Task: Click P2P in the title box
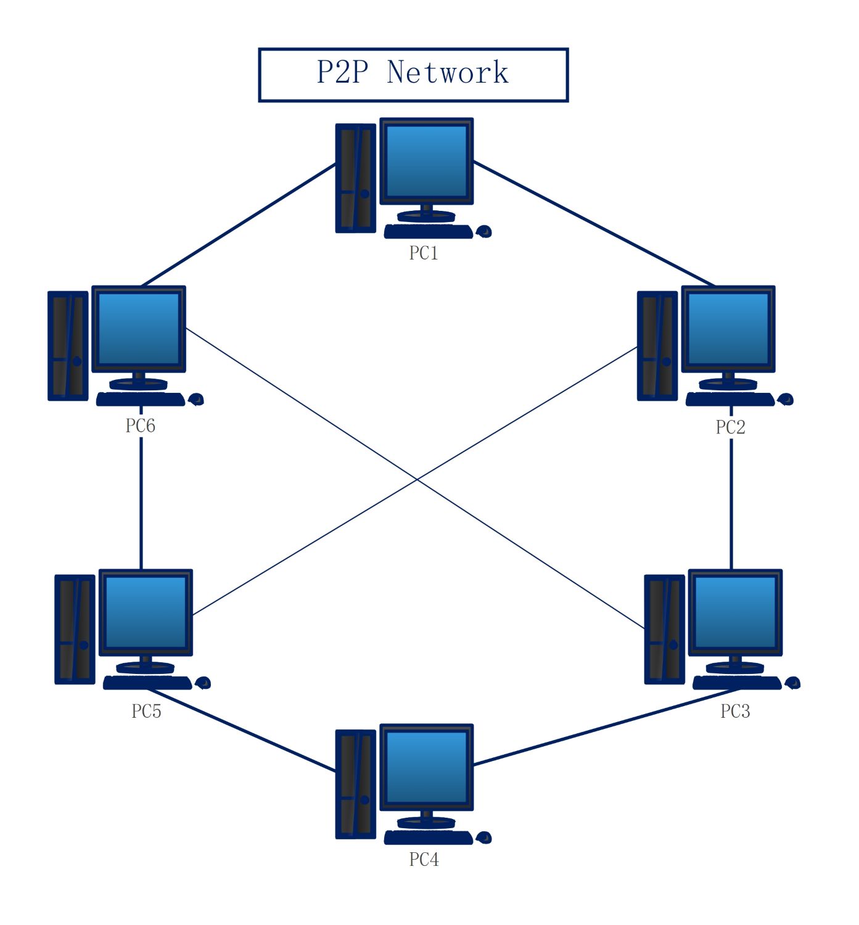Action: [x=342, y=73]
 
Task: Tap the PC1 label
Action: [x=424, y=253]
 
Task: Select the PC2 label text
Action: [x=730, y=427]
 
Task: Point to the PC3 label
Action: [x=735, y=711]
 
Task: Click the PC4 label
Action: [x=424, y=859]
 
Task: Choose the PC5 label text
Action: [x=146, y=711]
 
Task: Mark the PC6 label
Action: [x=140, y=425]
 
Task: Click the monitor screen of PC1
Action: [x=426, y=160]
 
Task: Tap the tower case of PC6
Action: [x=68, y=345]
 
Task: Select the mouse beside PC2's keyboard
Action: [x=786, y=400]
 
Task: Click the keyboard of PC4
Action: [x=428, y=837]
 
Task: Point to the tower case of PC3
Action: [x=664, y=629]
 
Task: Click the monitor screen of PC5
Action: [x=146, y=612]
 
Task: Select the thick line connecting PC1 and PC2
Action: [x=592, y=223]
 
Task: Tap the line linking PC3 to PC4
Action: [x=604, y=728]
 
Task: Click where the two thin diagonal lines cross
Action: [x=417, y=479]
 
